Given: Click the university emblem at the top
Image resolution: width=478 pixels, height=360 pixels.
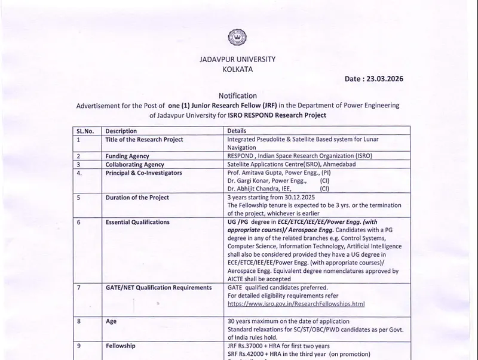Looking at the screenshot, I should pos(237,38).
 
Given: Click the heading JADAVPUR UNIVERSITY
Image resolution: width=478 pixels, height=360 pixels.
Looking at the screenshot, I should pos(237,59).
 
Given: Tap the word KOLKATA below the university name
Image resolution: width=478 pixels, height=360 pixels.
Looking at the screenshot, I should pos(237,69).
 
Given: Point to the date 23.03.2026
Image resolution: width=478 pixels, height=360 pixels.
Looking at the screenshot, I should pos(388,79).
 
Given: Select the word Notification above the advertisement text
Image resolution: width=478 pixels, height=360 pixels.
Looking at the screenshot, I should pos(237,96).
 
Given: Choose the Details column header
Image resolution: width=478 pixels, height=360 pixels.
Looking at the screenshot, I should pos(237,131).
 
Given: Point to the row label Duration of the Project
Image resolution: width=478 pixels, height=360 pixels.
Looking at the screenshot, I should pos(137,198).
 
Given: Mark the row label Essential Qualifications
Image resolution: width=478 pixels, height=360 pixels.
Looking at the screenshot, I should pos(137,222).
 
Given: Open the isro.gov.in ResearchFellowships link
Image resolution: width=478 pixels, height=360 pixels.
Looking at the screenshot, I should pos(296,303).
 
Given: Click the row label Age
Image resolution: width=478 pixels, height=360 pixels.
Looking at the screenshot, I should pos(111,321).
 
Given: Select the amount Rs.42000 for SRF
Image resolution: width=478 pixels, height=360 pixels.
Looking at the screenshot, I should pos(253,353).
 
